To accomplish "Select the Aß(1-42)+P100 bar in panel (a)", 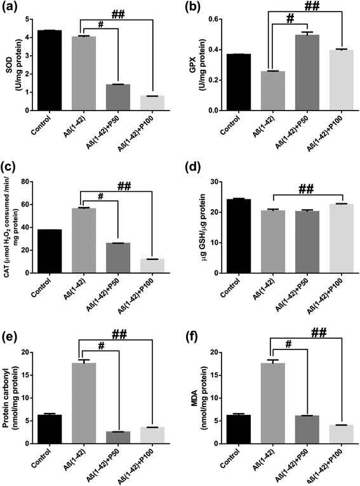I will click(152, 103).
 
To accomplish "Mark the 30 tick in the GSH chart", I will click(213, 182).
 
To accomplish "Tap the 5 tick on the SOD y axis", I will click(30, 19).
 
